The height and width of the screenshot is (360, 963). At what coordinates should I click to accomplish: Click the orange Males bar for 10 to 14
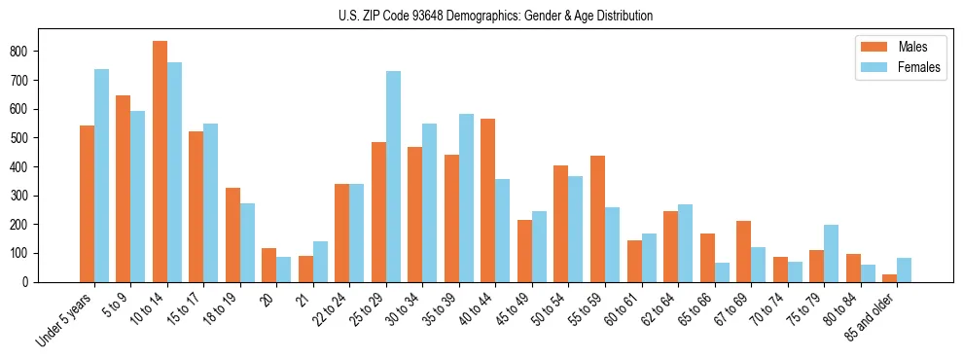(x=160, y=162)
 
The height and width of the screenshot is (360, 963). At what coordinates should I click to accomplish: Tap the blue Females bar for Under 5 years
(x=101, y=175)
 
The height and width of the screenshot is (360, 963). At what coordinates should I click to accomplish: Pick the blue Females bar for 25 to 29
(x=393, y=176)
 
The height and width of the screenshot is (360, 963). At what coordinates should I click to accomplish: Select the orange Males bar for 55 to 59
(x=597, y=219)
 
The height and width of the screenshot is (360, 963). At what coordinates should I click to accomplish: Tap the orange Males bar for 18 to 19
(x=232, y=234)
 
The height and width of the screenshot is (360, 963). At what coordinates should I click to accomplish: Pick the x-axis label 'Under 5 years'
(x=66, y=319)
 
